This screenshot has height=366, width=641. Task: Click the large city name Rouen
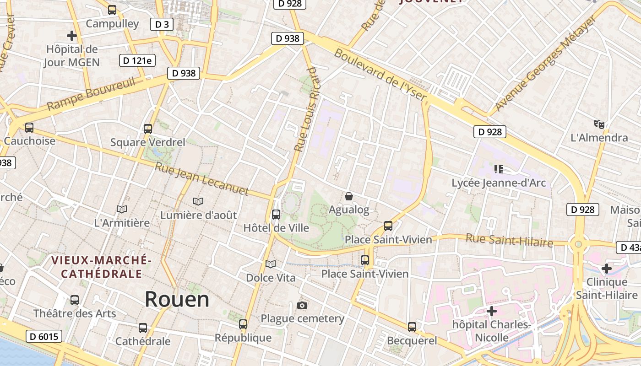177,299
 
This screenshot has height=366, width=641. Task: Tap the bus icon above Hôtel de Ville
276,214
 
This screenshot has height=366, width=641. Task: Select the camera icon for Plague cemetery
302,305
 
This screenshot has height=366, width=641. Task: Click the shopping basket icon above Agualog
349,196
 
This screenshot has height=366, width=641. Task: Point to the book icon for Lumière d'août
198,201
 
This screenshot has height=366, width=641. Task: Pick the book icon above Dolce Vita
271,264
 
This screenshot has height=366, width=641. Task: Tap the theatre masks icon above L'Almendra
599,124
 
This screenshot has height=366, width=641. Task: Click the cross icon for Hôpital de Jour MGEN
72,35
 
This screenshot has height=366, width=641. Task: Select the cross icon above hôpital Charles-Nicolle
492,312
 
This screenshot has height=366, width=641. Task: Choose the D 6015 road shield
43,337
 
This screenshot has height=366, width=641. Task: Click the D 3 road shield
162,24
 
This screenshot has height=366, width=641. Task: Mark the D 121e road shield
137,60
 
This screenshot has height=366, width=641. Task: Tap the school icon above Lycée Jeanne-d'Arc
499,169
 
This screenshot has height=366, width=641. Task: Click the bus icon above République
243,324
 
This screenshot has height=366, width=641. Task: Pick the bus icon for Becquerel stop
412,327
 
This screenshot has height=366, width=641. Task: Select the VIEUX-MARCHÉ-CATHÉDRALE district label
101,267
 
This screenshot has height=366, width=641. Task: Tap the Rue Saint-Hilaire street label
509,240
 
